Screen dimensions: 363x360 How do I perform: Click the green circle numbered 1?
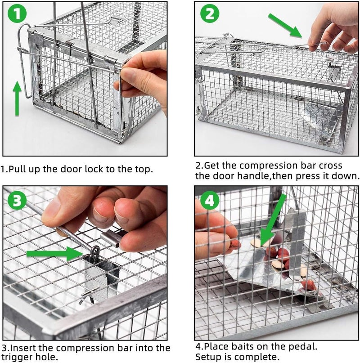coord(17,15)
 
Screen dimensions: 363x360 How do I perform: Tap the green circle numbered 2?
coord(210,15)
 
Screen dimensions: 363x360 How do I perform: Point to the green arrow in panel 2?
coord(285,25)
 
